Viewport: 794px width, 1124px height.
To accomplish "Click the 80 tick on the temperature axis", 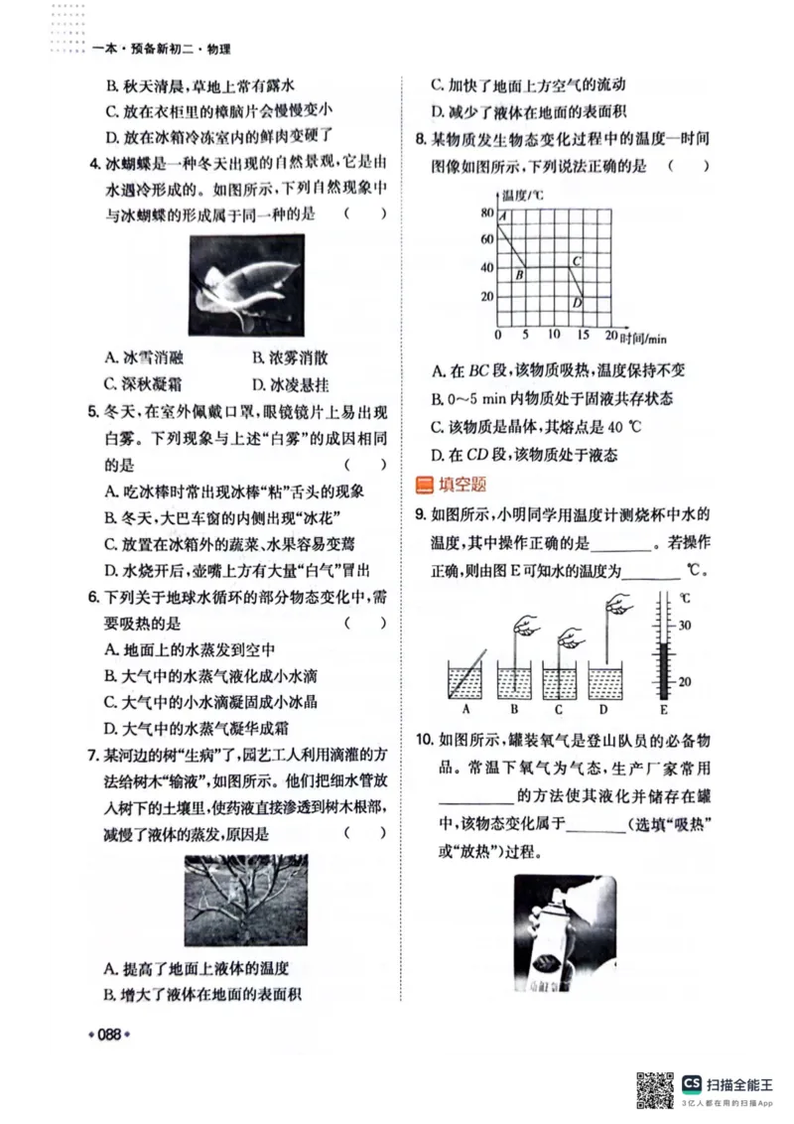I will [x=486, y=212].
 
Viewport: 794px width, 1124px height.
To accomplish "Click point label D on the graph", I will [x=577, y=303].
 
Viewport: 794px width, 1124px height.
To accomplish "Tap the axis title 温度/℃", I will [x=524, y=195].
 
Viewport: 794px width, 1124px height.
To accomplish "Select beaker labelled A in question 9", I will [x=465, y=679].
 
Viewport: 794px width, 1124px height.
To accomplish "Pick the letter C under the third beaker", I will [x=559, y=709].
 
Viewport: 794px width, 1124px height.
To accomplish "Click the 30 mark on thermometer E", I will [x=684, y=625].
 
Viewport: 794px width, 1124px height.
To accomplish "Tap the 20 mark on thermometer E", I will [x=684, y=682].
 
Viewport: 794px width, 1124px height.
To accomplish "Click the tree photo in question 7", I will [x=245, y=900].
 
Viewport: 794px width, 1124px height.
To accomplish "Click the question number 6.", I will [x=91, y=598].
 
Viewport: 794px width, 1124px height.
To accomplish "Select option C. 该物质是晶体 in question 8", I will [x=537, y=427].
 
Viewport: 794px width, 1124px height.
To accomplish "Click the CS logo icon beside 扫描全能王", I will [x=692, y=1082].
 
